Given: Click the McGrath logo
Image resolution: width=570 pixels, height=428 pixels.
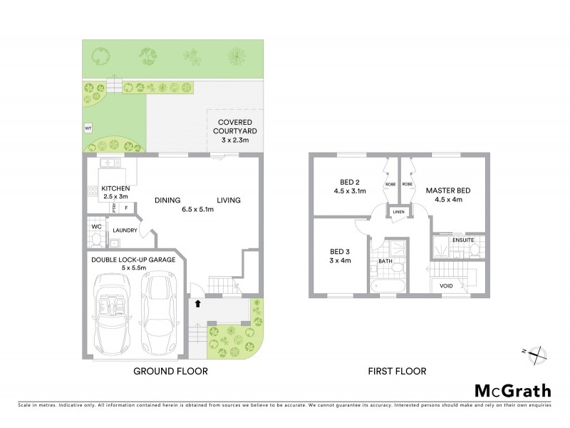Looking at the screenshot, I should click(512, 390).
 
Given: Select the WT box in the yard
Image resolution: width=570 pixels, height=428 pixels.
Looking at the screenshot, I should click(88, 128).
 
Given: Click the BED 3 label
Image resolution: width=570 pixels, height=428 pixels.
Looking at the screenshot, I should click(340, 256).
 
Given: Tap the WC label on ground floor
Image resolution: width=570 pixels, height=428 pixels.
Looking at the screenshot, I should click(96, 227).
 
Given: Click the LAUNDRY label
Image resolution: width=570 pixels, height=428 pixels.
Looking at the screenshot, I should click(125, 230).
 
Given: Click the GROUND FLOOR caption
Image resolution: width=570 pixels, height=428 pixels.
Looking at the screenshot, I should click(170, 371).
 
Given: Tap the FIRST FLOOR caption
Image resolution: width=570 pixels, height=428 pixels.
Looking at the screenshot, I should click(397, 371).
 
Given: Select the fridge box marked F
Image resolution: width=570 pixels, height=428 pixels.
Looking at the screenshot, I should click(126, 208).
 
